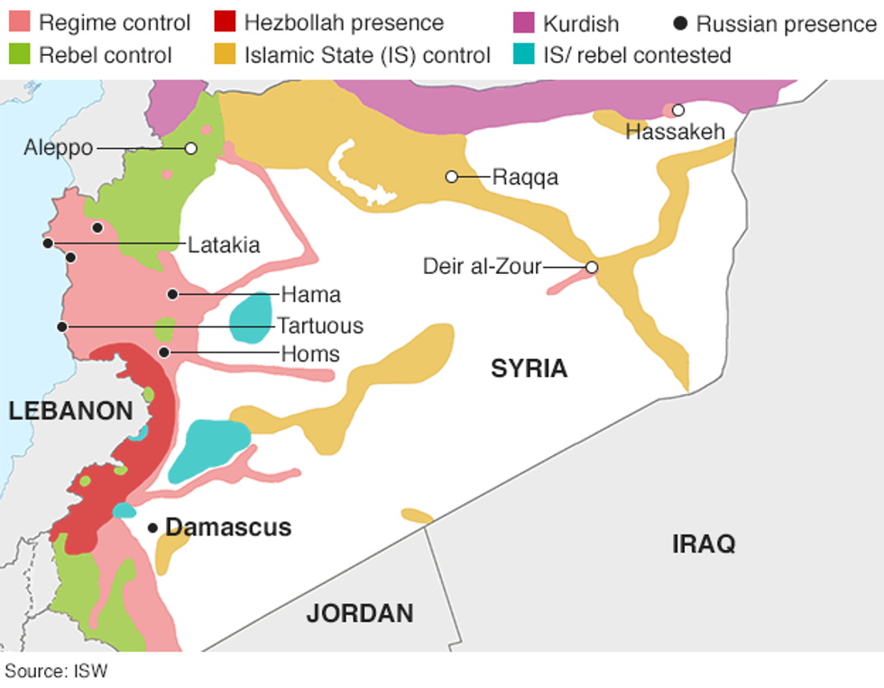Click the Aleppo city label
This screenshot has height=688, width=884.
(x=58, y=148)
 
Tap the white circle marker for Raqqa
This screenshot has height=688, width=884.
(x=451, y=177)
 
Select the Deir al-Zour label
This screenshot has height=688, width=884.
(x=483, y=267)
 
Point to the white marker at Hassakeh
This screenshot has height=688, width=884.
(x=677, y=110)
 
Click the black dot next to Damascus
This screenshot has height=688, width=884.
(x=153, y=527)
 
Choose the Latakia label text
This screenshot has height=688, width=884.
(x=224, y=244)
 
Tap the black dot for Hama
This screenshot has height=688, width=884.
(x=171, y=294)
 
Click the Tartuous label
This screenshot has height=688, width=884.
(x=320, y=326)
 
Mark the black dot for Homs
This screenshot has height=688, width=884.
(x=164, y=352)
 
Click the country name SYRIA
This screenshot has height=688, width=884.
(x=529, y=368)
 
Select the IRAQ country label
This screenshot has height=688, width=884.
(x=704, y=544)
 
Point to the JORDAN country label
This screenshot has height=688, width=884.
(x=360, y=614)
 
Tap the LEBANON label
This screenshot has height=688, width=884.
(x=70, y=411)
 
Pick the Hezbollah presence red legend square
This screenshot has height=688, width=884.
(x=225, y=23)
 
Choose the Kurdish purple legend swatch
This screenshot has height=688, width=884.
(x=523, y=23)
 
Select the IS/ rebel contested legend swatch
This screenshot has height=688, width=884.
(x=523, y=55)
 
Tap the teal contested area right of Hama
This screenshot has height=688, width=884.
(x=251, y=316)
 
